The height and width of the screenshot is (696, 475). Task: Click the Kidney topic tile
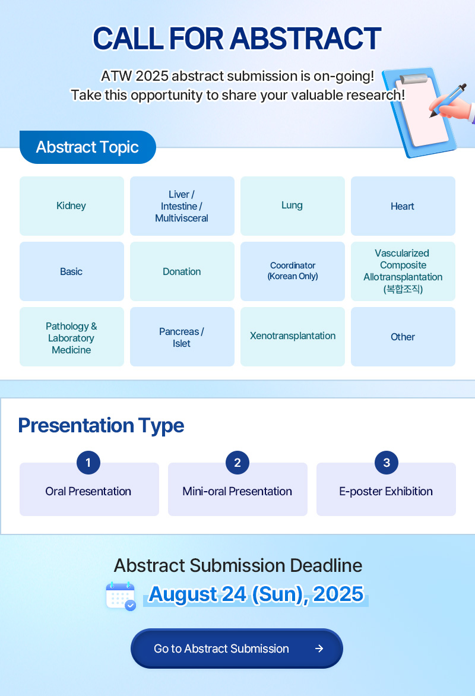71,206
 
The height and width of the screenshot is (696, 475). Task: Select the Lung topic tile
293,206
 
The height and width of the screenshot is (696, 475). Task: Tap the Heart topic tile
403,206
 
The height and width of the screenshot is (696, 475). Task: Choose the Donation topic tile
182,271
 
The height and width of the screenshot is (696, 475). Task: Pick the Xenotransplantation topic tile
293,337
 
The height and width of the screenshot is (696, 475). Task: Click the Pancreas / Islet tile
182,337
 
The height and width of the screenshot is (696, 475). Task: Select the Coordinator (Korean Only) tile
293,271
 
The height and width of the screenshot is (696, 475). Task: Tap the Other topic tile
403,337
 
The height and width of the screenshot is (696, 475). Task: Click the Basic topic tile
71,271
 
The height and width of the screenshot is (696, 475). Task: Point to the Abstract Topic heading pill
88,147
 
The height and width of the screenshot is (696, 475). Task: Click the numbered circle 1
88,463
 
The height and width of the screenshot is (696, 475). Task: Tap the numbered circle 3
387,463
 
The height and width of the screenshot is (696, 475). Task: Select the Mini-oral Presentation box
237,489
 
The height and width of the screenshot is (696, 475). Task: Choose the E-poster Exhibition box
386,489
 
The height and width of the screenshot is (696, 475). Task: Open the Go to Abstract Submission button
237,648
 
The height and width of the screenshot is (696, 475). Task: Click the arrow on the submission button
319,648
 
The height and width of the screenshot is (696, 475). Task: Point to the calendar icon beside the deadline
121,596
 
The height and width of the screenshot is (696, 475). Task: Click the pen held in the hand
448,100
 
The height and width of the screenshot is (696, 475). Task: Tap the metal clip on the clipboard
414,78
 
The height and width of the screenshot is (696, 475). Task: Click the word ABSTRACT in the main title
305,38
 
